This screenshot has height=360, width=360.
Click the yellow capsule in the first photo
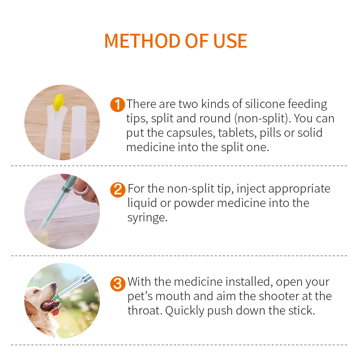[x=58, y=102]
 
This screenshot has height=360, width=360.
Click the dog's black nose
[x=55, y=284]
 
